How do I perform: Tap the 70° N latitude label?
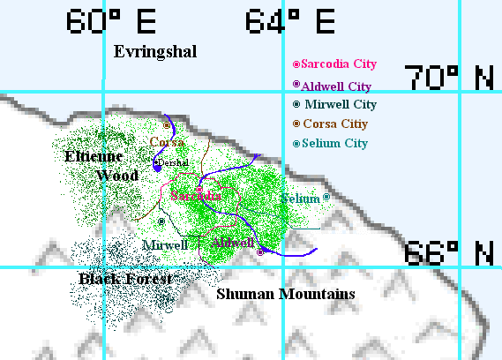pyautogui.click(x=449, y=79)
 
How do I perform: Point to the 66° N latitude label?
pyautogui.click(x=449, y=253)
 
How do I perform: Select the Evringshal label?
pyautogui.click(x=155, y=52)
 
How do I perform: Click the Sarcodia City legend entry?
pyautogui.click(x=334, y=64)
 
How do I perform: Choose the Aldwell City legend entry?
pyautogui.click(x=332, y=86)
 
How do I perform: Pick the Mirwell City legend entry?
pyautogui.click(x=334, y=104)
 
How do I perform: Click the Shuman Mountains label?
pyautogui.click(x=286, y=294)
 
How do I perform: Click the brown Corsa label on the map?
pyautogui.click(x=167, y=142)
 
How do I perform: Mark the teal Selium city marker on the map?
pyautogui.click(x=326, y=198)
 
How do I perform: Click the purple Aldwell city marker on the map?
pyautogui.click(x=259, y=252)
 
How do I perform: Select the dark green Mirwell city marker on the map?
pyautogui.click(x=161, y=221)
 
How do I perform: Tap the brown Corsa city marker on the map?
pyautogui.click(x=166, y=125)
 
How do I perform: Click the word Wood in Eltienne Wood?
pyautogui.click(x=116, y=176)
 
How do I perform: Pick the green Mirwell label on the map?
pyautogui.click(x=165, y=244)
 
